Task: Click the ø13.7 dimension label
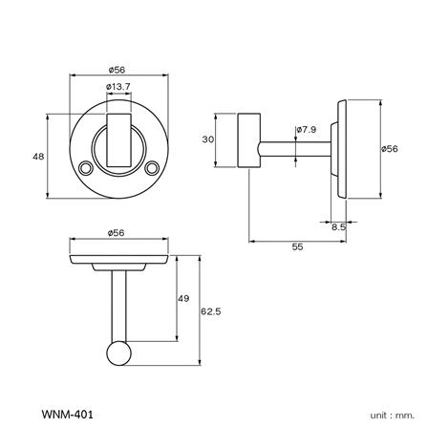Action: pyautogui.click(x=119, y=88)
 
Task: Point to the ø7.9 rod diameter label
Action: pyautogui.click(x=306, y=128)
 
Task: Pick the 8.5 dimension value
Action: pyautogui.click(x=339, y=226)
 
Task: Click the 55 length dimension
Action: pyautogui.click(x=297, y=246)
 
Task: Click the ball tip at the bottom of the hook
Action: pyautogui.click(x=119, y=355)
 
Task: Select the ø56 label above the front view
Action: pyautogui.click(x=119, y=68)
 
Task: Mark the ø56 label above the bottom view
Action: pyautogui.click(x=119, y=232)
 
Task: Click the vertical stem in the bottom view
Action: pyautogui.click(x=119, y=306)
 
